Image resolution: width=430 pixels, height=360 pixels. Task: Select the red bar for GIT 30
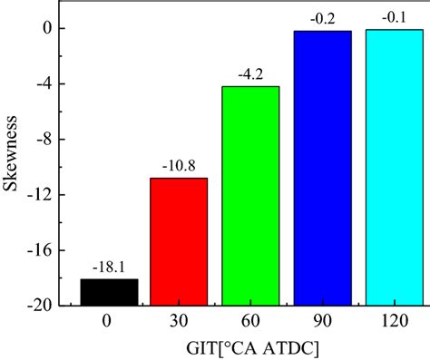[179, 241]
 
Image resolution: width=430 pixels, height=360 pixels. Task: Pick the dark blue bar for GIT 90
[322, 168]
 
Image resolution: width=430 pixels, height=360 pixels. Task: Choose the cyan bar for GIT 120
[394, 167]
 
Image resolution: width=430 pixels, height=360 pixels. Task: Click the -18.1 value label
[108, 268]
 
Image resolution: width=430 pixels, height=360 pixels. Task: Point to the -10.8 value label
[179, 167]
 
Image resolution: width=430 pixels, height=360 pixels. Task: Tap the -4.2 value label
[250, 75]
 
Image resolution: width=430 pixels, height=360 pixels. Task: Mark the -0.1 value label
[394, 19]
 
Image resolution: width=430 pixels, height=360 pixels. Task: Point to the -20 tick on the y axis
[45, 306]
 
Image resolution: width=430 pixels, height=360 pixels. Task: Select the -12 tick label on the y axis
[45, 195]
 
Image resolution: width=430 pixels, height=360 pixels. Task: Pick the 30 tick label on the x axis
[179, 320]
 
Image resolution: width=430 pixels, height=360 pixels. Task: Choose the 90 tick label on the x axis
[322, 320]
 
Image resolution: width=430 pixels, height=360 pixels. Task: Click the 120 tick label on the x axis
[394, 320]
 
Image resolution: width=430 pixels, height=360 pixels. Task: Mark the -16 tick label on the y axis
[45, 250]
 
